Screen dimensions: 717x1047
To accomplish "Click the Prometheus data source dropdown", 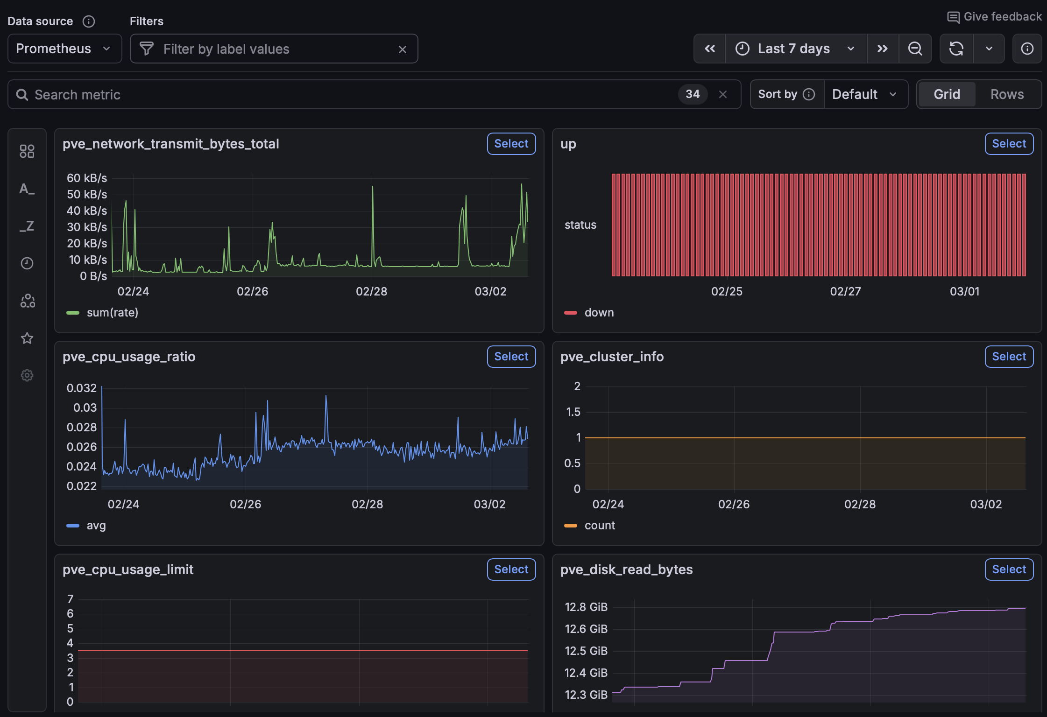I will click(x=64, y=49).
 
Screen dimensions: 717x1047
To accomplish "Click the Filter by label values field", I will click(x=273, y=49).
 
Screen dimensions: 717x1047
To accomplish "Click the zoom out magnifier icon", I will click(x=915, y=49).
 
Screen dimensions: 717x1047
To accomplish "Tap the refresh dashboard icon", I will click(x=956, y=49).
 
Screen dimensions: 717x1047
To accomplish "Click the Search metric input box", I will click(x=327, y=95).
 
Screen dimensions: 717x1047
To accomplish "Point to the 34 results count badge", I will click(x=692, y=94).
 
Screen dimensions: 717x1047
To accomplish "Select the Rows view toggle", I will click(x=1007, y=94).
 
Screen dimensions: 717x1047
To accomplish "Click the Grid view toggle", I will click(x=947, y=94).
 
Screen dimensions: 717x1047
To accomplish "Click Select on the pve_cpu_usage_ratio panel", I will click(x=511, y=357).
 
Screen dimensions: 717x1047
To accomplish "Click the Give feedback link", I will click(x=995, y=17).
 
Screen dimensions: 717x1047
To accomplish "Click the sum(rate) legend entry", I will click(x=112, y=313).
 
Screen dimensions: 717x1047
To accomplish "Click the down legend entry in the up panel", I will click(x=599, y=313).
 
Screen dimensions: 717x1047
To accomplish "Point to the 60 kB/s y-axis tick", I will click(x=87, y=178).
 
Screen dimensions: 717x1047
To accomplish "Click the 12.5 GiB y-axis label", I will click(x=586, y=651).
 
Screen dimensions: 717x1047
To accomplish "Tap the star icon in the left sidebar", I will click(x=27, y=338).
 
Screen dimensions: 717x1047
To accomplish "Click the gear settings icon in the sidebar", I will click(x=27, y=375).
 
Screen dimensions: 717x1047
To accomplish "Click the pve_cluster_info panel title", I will click(x=611, y=357).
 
